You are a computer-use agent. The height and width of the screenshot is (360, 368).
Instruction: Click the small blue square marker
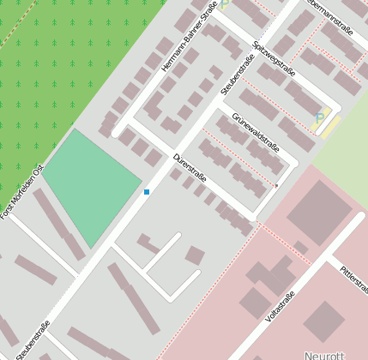147,191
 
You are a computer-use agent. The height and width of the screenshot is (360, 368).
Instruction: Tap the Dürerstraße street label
190,167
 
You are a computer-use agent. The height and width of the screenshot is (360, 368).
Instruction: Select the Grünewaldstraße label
256,134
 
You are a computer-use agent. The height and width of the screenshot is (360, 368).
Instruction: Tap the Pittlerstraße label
353,276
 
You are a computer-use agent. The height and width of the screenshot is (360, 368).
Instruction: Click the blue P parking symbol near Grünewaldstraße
319,118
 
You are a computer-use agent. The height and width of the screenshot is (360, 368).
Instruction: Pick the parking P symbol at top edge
225,4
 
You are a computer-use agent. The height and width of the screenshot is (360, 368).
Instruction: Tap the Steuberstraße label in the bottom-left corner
33,339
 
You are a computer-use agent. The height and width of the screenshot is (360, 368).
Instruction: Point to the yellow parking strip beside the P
330,127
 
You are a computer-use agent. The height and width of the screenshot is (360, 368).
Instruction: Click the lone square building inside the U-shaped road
195,255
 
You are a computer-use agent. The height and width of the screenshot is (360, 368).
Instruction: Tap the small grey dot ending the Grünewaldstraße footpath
276,185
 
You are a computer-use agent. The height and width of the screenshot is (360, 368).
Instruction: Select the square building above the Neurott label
323,319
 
